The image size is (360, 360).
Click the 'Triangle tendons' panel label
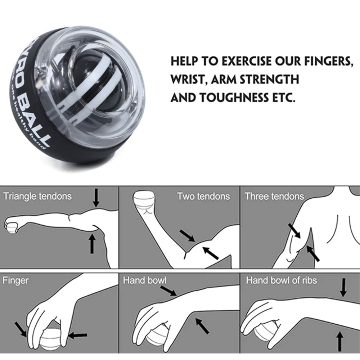pyautogui.click(x=37, y=196)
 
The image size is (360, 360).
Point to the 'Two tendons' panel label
pyautogui.click(x=203, y=196)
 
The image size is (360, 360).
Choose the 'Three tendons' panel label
pyautogui.click(x=274, y=196)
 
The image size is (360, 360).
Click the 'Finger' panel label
pyautogui.click(x=16, y=280)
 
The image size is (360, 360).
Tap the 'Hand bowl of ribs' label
pyautogui.click(x=282, y=280)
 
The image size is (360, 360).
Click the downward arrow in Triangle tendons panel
pyautogui.click(x=96, y=198)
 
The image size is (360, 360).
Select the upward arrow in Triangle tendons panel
pyautogui.click(x=92, y=244)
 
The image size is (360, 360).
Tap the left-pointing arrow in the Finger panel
pyautogui.click(x=78, y=336)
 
